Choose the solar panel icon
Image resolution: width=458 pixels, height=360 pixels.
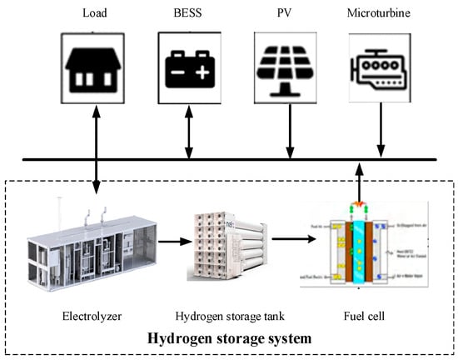(x=288, y=65)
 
